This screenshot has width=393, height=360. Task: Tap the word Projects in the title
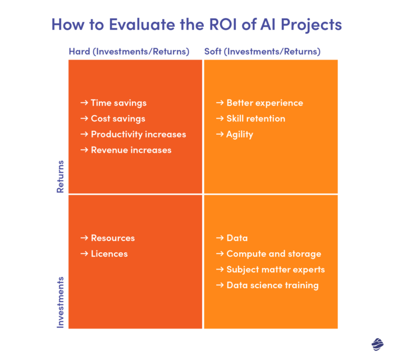308,25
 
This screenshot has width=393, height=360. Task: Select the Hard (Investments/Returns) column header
129,52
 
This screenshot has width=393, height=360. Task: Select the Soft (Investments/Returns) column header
262,52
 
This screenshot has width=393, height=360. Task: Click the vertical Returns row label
61,177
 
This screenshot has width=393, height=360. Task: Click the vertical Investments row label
61,302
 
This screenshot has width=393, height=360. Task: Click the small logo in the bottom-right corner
376,343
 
